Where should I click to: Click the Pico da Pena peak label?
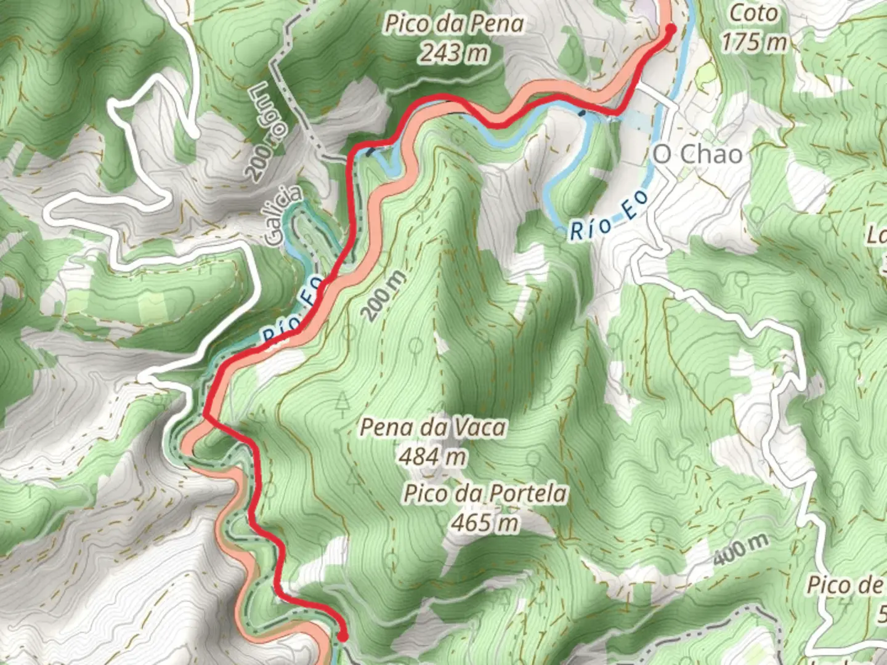[x=455, y=24]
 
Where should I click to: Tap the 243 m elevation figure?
[x=455, y=54]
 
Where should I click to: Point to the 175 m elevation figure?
[x=754, y=42]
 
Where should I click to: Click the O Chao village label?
[x=697, y=154]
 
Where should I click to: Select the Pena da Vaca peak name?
[x=433, y=427]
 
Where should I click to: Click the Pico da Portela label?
[x=485, y=494]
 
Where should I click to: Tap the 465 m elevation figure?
[x=485, y=523]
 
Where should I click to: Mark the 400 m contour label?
[x=742, y=549]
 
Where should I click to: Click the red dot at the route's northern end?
[x=670, y=28]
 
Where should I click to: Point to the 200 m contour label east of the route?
[x=384, y=296]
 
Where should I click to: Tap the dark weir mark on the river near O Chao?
[x=582, y=113]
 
